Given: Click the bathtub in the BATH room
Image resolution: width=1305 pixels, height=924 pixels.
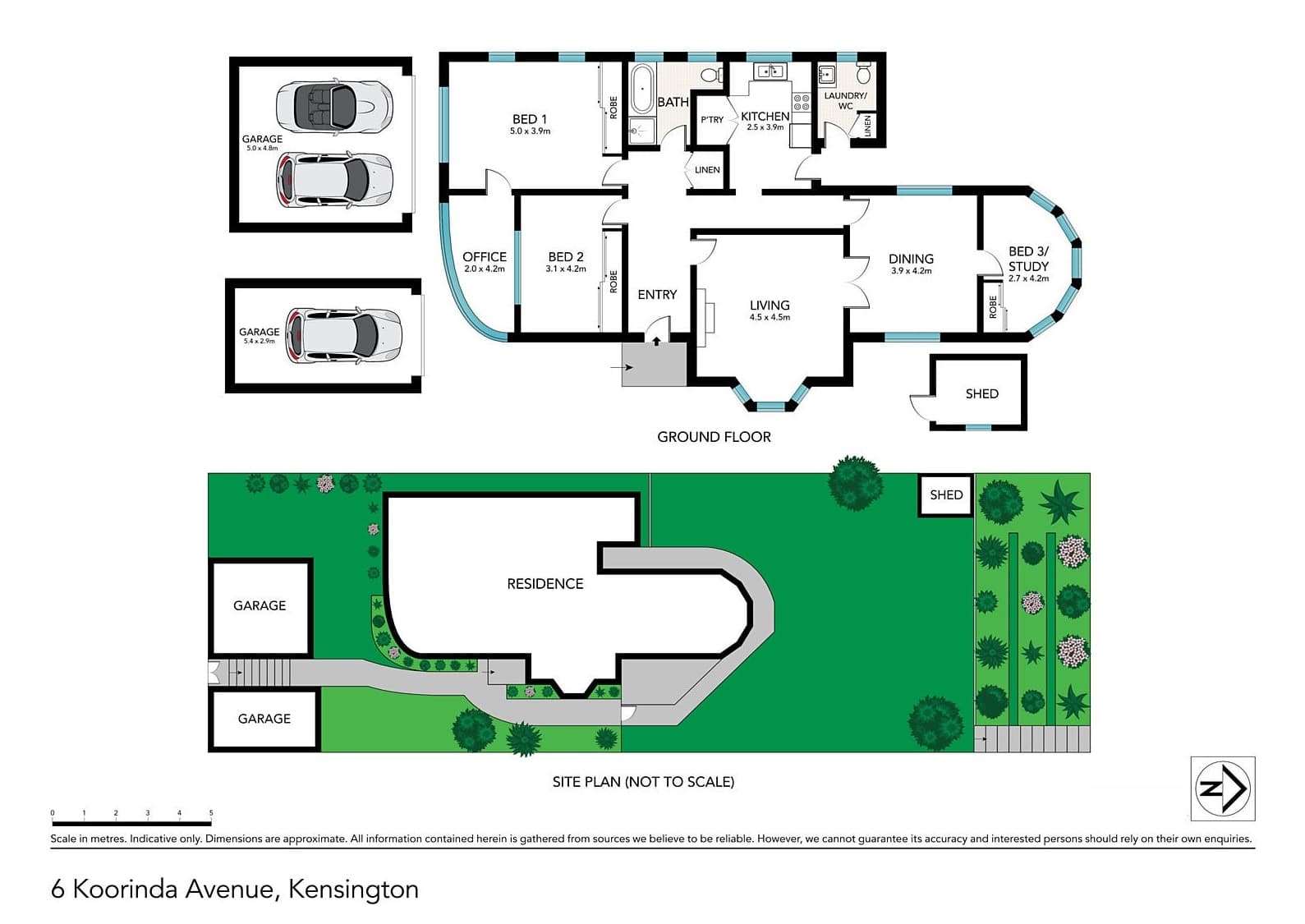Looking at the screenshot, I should [641, 90].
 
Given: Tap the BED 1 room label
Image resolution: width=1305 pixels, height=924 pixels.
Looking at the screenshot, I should [529, 119].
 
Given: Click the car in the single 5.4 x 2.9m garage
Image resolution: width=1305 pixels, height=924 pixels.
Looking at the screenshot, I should [343, 336].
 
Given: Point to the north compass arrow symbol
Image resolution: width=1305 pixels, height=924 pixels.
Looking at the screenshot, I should [1222, 788].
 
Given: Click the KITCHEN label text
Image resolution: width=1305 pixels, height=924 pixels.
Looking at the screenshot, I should [765, 117].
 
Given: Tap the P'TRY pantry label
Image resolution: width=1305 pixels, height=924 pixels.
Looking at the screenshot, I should [711, 120].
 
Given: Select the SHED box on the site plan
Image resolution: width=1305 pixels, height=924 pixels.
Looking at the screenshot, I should [945, 494].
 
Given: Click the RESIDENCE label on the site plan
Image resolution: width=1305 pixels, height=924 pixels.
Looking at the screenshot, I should [545, 584].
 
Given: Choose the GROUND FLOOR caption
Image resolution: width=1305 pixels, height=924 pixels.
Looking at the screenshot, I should [714, 437].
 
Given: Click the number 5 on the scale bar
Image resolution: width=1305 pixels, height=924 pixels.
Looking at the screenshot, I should [211, 813].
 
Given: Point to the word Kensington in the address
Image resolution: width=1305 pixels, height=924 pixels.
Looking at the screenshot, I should [354, 890].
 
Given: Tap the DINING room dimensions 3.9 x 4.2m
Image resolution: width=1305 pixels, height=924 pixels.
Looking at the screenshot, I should [911, 271].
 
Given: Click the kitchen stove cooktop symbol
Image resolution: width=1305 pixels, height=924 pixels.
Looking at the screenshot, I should [801, 103].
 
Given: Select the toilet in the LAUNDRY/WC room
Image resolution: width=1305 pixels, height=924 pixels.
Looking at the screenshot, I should [863, 75].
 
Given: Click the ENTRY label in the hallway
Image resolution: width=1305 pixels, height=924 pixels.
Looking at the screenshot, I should [657, 294].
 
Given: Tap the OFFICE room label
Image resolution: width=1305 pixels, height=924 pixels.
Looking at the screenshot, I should [484, 257].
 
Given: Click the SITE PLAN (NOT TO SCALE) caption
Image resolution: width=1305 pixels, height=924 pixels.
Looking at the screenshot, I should [643, 782].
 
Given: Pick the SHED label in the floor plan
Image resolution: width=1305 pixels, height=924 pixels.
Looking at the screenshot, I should [981, 394].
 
